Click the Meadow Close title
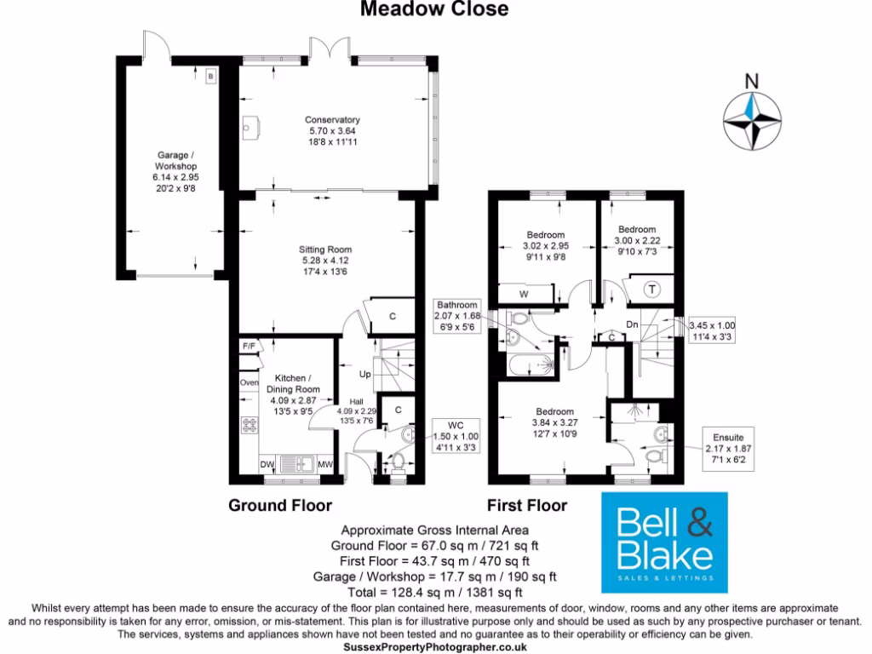tap(434, 9)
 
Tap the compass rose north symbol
tap(752, 119)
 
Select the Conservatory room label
tap(333, 131)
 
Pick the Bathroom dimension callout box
tap(457, 315)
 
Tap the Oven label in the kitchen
tap(249, 382)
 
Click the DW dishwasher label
tap(267, 464)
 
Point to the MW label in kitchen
tap(324, 464)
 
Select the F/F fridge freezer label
tap(250, 347)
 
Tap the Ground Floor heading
tap(279, 506)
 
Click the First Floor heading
tap(526, 506)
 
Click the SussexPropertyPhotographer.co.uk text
tap(435, 647)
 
